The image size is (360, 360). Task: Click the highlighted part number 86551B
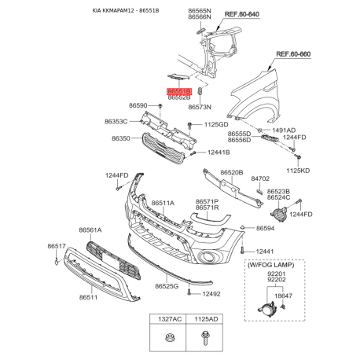pyautogui.click(x=179, y=91)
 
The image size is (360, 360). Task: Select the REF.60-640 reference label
pyautogui.click(x=242, y=14)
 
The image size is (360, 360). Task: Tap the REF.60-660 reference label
pyautogui.click(x=293, y=54)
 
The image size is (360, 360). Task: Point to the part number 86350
pyautogui.click(x=121, y=138)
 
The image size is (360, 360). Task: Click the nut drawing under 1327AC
pyautogui.click(x=168, y=338)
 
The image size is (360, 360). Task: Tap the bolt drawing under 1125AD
pyautogui.click(x=205, y=338)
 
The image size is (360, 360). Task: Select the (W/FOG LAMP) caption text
pyautogui.click(x=270, y=265)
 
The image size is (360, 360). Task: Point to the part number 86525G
pyautogui.click(x=167, y=286)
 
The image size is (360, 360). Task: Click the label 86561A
pyautogui.click(x=90, y=230)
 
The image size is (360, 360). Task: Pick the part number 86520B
pyautogui.click(x=232, y=173)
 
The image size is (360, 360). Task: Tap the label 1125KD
pyautogui.click(x=298, y=171)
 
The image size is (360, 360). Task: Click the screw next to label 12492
pyautogui.click(x=189, y=292)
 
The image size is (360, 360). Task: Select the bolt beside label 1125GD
pyautogui.click(x=189, y=125)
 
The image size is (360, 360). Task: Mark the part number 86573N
pyautogui.click(x=200, y=107)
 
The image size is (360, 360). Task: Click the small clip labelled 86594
pyautogui.click(x=242, y=227)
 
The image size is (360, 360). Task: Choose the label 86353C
pyautogui.click(x=116, y=122)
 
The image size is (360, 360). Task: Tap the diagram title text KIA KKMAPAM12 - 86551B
pyautogui.click(x=126, y=11)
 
